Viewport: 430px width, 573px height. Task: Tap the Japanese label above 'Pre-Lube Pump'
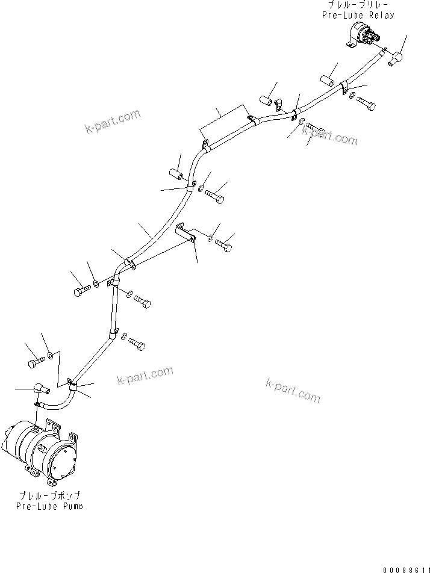click(x=51, y=495)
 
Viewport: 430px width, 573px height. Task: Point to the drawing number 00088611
click(x=405, y=568)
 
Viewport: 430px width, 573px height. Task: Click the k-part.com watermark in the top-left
click(x=113, y=120)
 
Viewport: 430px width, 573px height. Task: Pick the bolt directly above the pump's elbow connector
click(x=35, y=363)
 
